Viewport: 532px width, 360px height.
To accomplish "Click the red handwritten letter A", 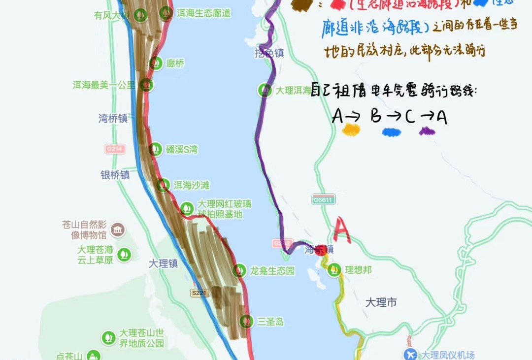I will point(342,229).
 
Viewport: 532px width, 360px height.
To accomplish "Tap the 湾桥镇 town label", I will point(113,118).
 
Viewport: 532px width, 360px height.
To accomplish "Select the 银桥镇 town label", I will point(115,175).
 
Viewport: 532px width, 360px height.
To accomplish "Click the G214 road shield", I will point(115,148).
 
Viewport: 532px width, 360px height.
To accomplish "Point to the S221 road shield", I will point(199,293).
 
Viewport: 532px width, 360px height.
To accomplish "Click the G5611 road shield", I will point(323,199).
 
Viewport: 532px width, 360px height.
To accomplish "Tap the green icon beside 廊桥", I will point(156,63).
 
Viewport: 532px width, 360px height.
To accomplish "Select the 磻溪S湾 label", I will point(181,149).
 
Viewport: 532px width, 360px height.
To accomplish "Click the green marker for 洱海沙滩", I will point(163,185).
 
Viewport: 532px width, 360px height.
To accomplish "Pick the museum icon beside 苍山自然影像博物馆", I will point(117,229).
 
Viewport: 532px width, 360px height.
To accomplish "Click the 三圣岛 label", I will point(270,322).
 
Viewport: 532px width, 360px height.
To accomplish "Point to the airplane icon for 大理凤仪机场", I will point(410,354).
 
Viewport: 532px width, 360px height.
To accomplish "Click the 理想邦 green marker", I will point(334,269).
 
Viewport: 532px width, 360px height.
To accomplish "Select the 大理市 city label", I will point(381,302).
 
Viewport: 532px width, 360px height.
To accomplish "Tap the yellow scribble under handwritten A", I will point(351,130).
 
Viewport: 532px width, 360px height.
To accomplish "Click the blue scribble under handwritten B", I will point(392,131).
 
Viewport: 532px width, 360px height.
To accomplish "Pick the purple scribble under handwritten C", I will point(427,131).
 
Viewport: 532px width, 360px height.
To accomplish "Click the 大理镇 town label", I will point(163,263).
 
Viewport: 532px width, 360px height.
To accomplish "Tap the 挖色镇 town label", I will point(269,53).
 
